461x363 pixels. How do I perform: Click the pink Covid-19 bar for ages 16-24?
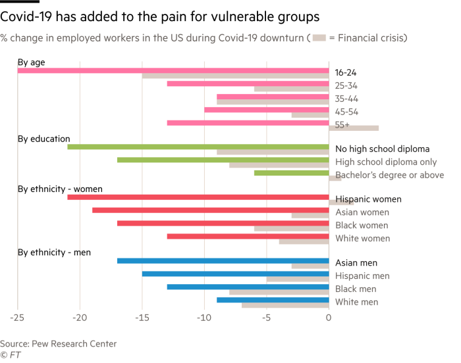pyautogui.click(x=173, y=70)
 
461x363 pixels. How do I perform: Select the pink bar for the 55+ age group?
pyautogui.click(x=248, y=122)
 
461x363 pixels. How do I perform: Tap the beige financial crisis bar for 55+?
pyautogui.click(x=354, y=128)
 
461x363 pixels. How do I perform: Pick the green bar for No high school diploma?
pyautogui.click(x=198, y=147)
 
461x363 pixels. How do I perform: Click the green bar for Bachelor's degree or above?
pyautogui.click(x=291, y=173)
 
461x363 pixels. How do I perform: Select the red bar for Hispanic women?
pyautogui.click(x=198, y=197)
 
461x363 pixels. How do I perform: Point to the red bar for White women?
pyautogui.click(x=248, y=236)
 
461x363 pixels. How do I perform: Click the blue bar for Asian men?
pyautogui.click(x=223, y=261)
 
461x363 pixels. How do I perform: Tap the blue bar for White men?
pyautogui.click(x=273, y=300)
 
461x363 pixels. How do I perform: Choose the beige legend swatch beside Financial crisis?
pyautogui.click(x=319, y=38)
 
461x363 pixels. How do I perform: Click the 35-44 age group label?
pyautogui.click(x=346, y=99)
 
